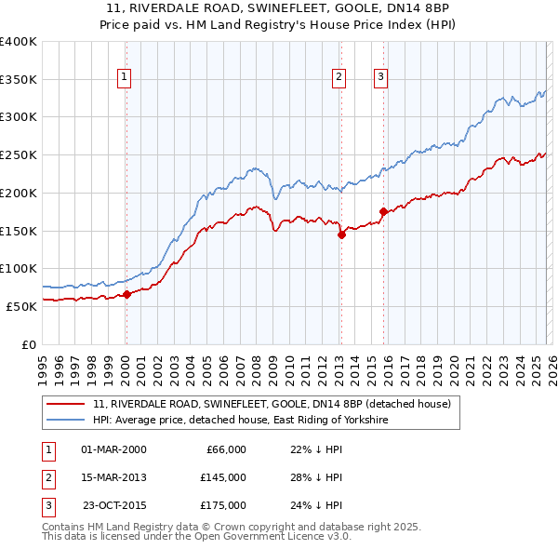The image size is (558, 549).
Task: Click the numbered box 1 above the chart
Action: pyautogui.click(x=125, y=77)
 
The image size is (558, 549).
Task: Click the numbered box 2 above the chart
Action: pyautogui.click(x=339, y=77)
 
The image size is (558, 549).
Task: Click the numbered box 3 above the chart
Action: pyautogui.click(x=381, y=77)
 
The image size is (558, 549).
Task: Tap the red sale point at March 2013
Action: pyautogui.click(x=341, y=234)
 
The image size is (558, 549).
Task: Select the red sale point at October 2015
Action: pyautogui.click(x=383, y=211)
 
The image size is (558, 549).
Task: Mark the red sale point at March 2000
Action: pyautogui.click(x=127, y=295)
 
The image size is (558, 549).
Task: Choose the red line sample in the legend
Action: pyautogui.click(x=66, y=404)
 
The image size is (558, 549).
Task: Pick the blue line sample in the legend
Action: pyautogui.click(x=66, y=421)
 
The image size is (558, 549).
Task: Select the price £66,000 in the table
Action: pyautogui.click(x=223, y=449)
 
